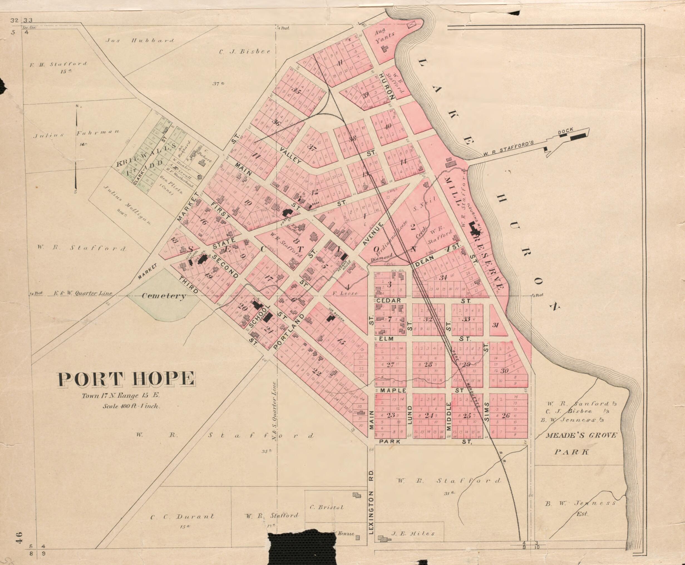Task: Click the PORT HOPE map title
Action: [x=127, y=379]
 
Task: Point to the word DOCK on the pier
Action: [x=565, y=132]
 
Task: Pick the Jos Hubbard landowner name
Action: [x=140, y=41]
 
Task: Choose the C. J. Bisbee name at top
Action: [x=245, y=51]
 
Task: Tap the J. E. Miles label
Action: [x=413, y=534]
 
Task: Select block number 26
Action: [x=506, y=415]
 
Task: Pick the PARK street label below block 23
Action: [x=389, y=442]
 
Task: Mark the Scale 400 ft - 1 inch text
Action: [x=131, y=406]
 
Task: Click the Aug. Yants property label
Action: [x=385, y=37]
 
